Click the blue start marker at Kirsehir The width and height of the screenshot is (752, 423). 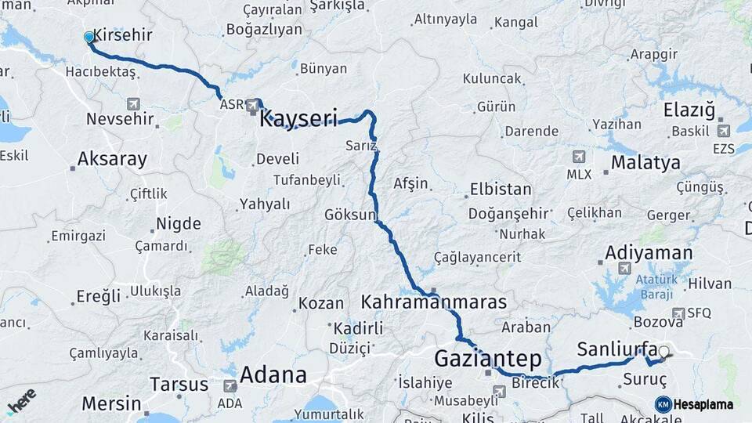click(x=89, y=37)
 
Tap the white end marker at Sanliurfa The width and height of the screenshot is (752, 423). click(x=664, y=352)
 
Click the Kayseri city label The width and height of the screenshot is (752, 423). click(x=298, y=119)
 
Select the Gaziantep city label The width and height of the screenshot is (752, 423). click(x=487, y=360)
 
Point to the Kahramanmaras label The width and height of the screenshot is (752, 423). click(x=434, y=302)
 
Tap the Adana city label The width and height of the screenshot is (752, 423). click(x=273, y=375)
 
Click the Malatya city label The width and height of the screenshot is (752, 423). click(x=645, y=163)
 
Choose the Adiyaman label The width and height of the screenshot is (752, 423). click(x=649, y=253)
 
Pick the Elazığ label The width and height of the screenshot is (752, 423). click(x=689, y=110)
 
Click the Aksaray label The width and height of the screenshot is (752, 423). click(x=112, y=159)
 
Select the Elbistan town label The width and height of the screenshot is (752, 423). click(x=500, y=190)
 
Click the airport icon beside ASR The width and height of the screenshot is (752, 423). click(x=252, y=104)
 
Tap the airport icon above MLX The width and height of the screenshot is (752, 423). click(x=579, y=157)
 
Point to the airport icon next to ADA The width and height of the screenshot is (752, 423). click(x=230, y=386)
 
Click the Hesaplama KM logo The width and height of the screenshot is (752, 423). click(x=693, y=404)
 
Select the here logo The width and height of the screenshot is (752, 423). click(x=21, y=401)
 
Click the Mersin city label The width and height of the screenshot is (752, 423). click(x=112, y=405)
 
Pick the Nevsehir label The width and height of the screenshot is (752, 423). click(x=121, y=119)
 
